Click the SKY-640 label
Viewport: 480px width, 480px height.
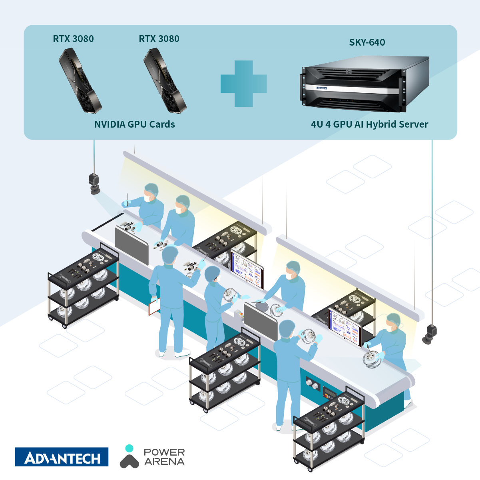[367, 42]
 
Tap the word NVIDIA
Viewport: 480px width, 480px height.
[110, 124]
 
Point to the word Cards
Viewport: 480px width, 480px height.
[162, 124]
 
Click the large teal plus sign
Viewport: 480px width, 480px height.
[243, 84]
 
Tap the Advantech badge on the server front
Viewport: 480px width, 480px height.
[321, 88]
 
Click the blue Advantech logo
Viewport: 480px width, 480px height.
[62, 457]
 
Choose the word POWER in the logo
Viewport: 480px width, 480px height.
[164, 452]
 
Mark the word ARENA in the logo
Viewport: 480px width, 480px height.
[164, 462]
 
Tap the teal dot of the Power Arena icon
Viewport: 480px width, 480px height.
[129, 448]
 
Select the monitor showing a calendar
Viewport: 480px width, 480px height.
[344, 323]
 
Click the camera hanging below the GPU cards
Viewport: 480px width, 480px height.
[94, 183]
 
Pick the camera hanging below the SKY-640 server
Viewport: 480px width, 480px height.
[430, 334]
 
